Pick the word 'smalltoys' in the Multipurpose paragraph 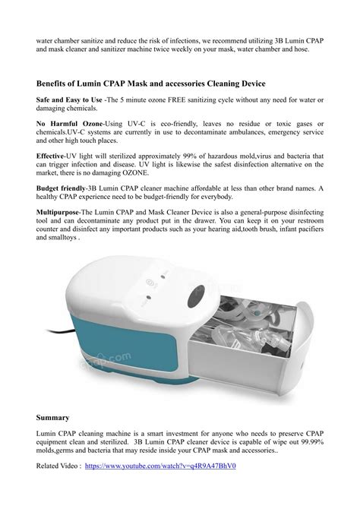tap(60, 236)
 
